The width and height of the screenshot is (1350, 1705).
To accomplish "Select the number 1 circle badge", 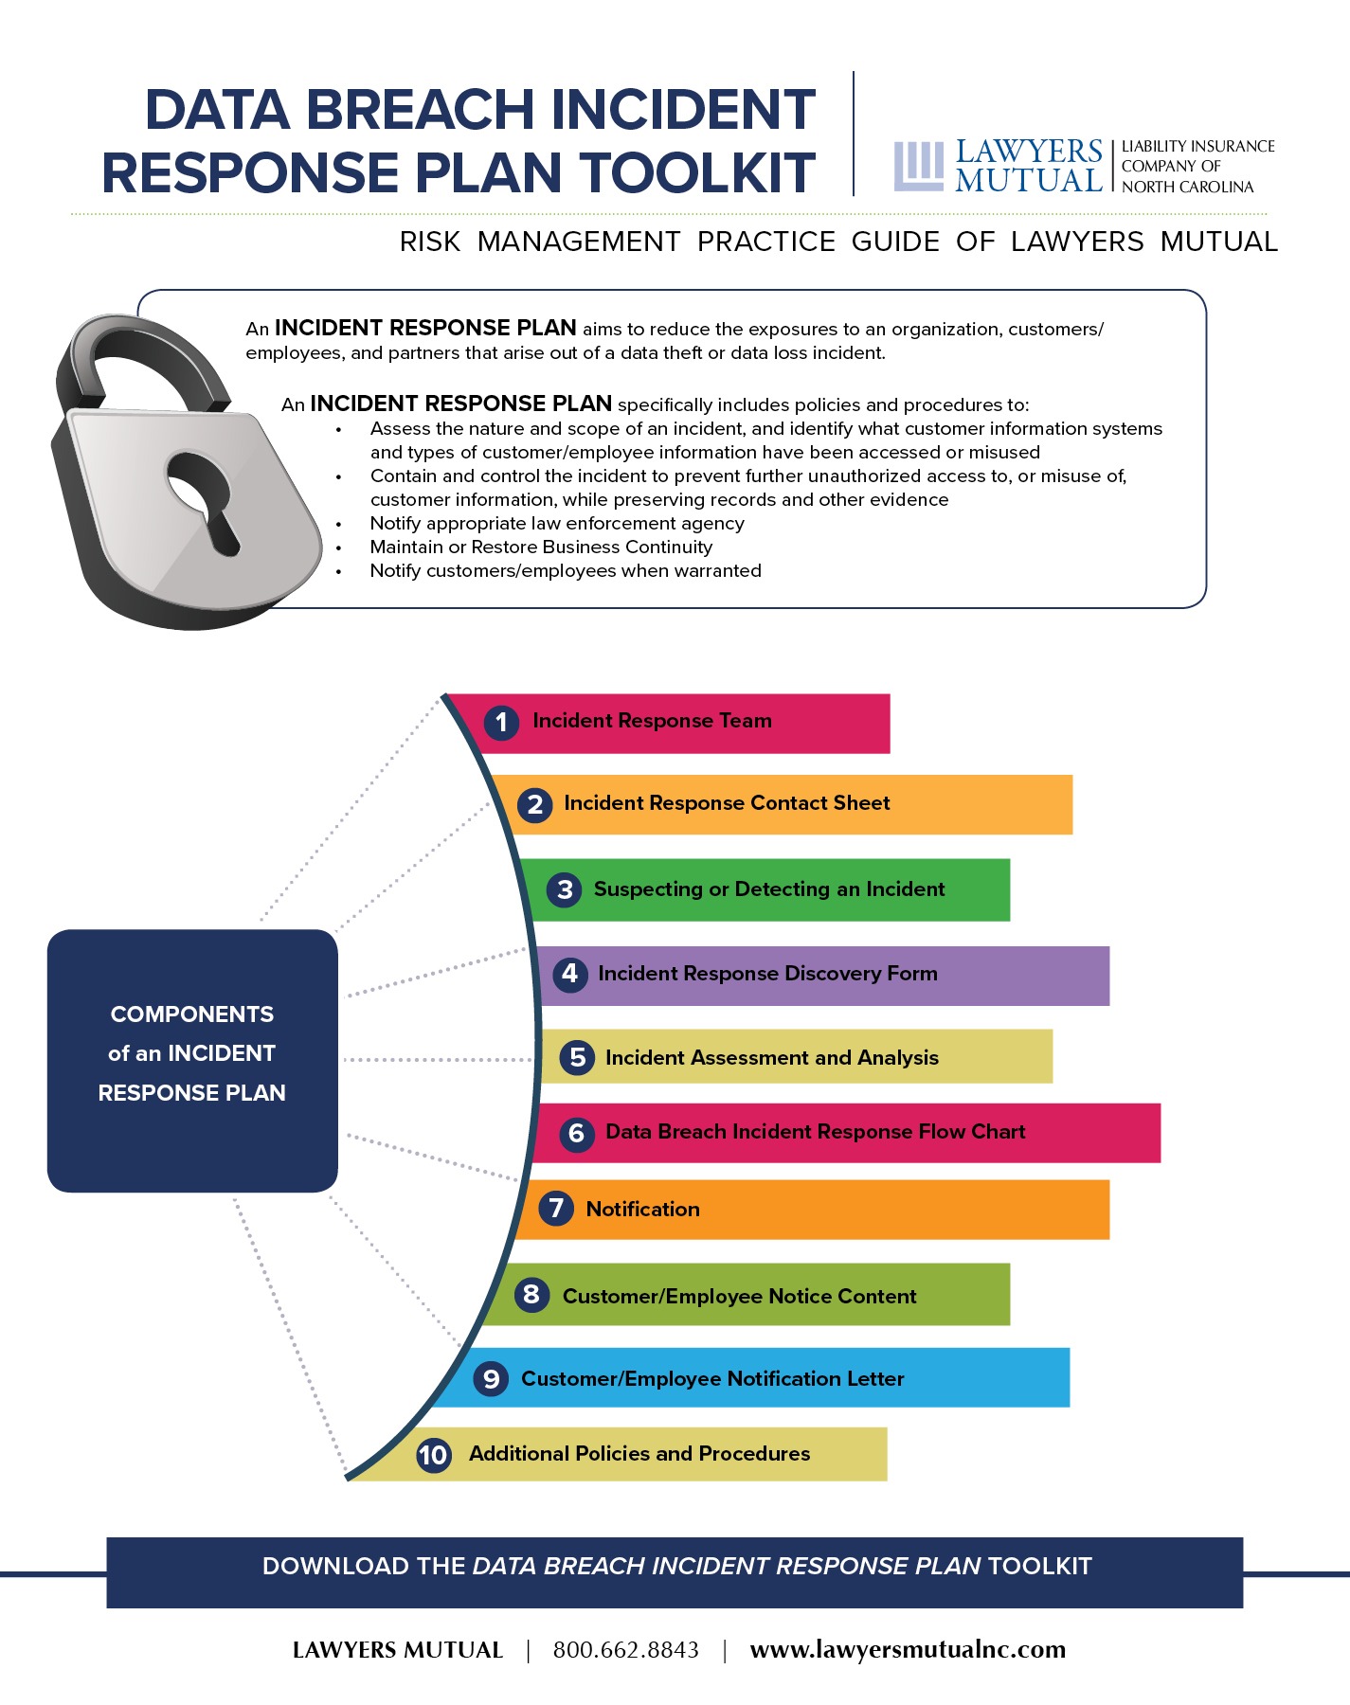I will pos(501,723).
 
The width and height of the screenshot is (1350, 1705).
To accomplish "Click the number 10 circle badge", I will pos(434,1454).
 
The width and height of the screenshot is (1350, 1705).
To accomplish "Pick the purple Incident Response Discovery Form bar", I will pos(1023,975).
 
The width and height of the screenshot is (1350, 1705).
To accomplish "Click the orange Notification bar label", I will pos(642,1210).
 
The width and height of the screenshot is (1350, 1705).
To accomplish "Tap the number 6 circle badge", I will pos(576,1133).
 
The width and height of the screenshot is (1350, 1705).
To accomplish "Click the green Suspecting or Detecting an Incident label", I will pos(768,889).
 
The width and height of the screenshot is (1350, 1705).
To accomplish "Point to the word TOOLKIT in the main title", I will pos(697,173).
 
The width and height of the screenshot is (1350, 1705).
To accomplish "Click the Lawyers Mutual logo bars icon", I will pos(918,166).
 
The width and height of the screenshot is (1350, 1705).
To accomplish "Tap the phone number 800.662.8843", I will pos(625,1650).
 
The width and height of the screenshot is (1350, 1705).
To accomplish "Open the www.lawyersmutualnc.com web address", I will pos(907,1650).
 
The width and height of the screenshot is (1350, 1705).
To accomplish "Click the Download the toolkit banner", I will pos(675,1567).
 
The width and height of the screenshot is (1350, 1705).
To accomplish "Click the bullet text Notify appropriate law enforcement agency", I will pos(556,524).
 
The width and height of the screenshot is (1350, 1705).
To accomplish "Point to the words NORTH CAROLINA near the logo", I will pos(1187,188).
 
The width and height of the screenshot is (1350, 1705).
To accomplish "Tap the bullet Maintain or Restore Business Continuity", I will pos(540,547).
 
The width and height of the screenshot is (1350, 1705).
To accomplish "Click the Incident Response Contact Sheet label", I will pos(727,803).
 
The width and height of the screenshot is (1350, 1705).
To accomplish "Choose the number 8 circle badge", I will pos(531,1294).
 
